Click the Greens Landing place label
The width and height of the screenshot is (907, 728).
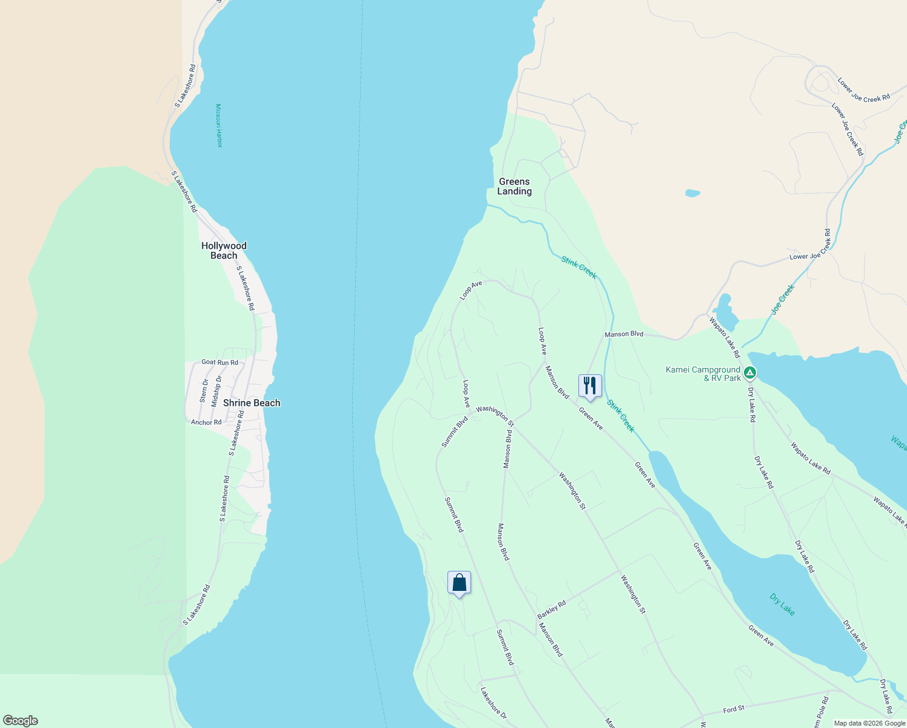514,186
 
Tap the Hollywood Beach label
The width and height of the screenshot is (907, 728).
224,251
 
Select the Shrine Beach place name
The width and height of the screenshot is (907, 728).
252,403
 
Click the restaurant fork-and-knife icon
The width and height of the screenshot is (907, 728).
590,386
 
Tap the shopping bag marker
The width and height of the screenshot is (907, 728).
459,583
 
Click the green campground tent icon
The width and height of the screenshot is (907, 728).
750,372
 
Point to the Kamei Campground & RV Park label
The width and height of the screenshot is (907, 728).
703,374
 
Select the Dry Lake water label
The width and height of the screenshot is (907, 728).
782,604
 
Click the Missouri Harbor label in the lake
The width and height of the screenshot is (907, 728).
219,126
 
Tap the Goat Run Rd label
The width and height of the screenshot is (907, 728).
219,362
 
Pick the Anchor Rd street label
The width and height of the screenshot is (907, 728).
206,422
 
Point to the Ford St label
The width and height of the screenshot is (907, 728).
734,709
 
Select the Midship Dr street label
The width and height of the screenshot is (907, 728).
216,391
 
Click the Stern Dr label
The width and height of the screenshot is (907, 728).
204,391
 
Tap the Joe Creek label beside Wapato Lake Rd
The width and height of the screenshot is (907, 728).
782,300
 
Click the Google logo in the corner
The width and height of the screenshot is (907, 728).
20,721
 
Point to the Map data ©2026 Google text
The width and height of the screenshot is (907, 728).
869,723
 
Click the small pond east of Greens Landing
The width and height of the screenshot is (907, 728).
692,194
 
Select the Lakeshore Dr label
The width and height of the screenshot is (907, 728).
493,703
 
